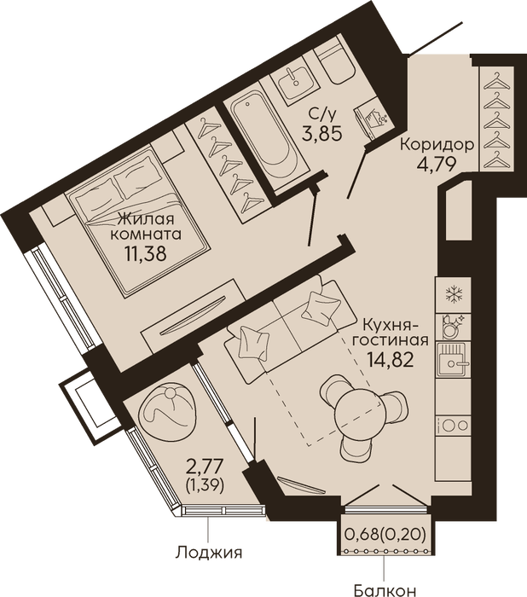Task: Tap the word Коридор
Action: (437, 145)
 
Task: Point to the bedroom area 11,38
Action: (146, 252)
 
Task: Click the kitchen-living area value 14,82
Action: (390, 359)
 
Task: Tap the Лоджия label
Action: (209, 552)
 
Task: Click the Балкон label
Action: (385, 590)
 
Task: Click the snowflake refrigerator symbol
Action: (453, 294)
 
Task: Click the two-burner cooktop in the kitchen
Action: (454, 426)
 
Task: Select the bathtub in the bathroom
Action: (266, 136)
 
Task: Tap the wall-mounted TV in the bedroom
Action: (192, 316)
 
